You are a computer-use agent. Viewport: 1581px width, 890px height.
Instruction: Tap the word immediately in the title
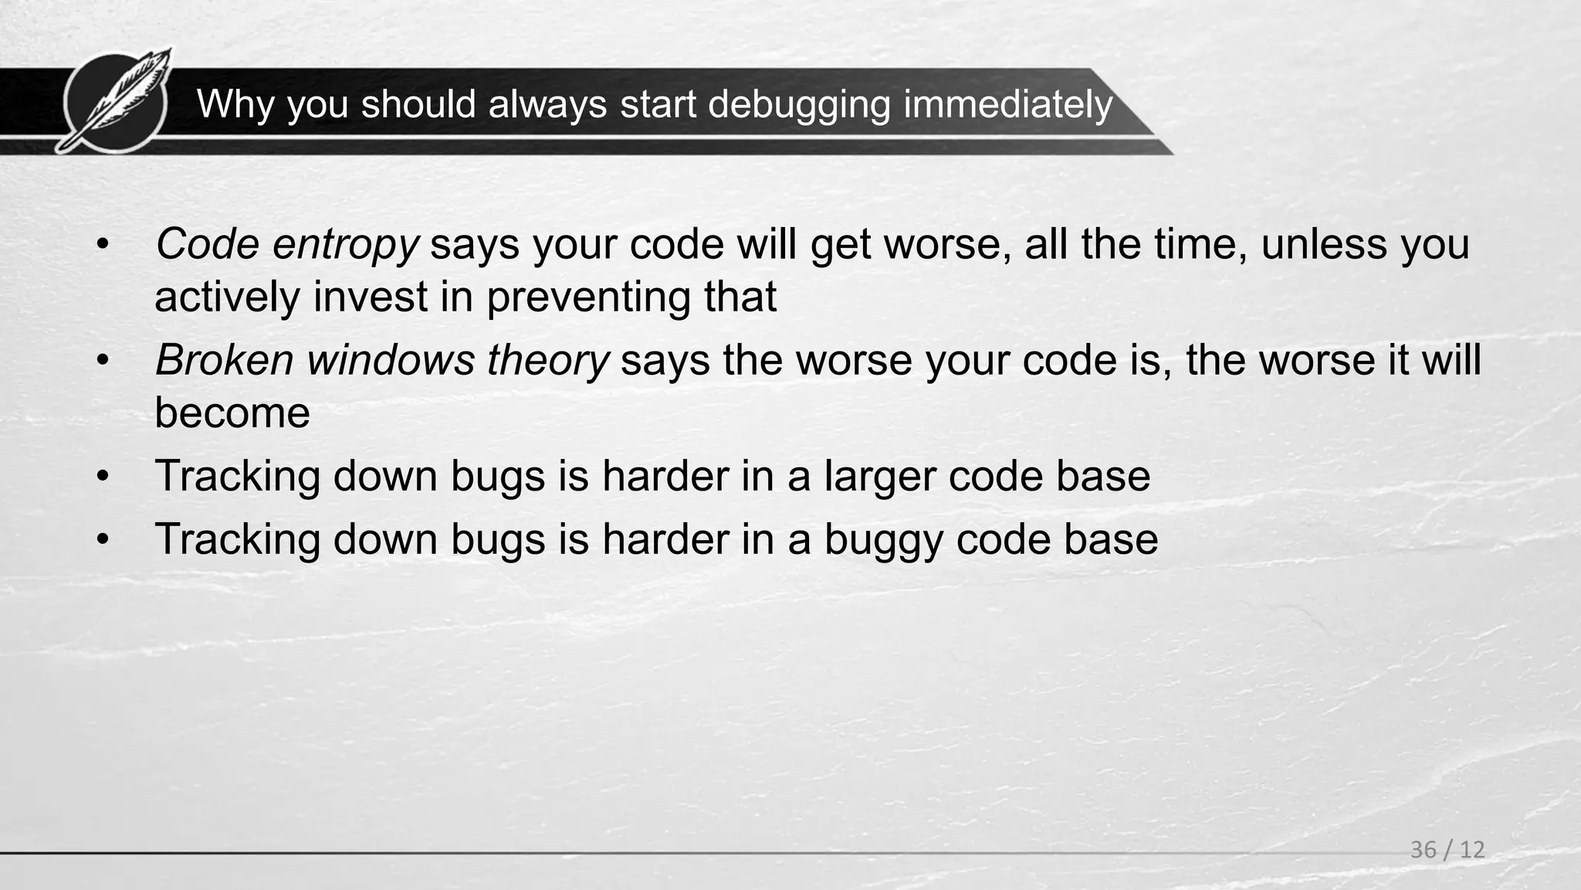(1007, 104)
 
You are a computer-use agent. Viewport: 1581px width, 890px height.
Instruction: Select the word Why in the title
(235, 104)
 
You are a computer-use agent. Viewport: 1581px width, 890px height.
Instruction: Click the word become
(232, 413)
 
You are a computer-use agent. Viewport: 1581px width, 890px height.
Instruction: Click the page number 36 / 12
(1447, 850)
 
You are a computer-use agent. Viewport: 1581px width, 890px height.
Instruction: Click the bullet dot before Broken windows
(103, 361)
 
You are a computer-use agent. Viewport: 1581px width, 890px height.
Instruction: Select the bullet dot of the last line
(103, 539)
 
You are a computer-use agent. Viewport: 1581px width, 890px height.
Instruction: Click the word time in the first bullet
(1200, 244)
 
